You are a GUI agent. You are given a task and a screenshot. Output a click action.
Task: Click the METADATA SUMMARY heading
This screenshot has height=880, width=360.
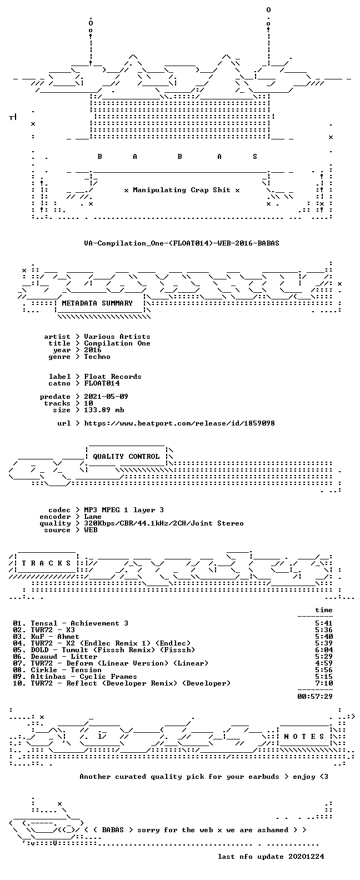97,303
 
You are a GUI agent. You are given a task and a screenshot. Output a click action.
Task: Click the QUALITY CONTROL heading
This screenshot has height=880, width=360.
126,457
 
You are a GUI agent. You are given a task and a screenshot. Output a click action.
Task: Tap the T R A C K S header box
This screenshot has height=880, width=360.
46,563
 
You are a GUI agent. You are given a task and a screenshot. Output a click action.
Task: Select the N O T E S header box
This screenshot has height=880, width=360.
304,737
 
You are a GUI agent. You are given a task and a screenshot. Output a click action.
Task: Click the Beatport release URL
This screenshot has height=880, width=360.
179,423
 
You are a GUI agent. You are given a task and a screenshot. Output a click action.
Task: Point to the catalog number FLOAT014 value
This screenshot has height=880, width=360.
102,383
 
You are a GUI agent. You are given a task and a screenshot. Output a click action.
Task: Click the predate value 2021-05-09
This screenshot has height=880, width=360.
106,397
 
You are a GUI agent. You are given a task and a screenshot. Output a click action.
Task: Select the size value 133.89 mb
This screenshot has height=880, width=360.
104,410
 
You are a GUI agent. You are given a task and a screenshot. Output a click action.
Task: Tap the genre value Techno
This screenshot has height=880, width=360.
97,357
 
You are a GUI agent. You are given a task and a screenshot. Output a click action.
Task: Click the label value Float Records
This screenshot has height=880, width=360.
113,377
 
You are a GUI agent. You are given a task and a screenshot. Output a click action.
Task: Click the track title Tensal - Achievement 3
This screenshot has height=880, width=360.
79,623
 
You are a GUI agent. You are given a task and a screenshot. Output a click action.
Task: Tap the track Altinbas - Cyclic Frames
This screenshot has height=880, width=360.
84,677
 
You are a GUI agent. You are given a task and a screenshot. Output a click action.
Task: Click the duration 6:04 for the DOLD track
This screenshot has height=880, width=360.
324,650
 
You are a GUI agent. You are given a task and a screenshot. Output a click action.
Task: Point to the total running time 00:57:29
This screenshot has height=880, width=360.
315,697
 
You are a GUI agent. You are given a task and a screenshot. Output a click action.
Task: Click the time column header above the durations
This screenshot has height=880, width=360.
324,610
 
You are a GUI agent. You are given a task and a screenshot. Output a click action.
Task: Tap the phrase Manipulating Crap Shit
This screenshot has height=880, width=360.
182,190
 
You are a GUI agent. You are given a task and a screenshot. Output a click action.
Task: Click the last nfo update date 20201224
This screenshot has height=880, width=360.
306,857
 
